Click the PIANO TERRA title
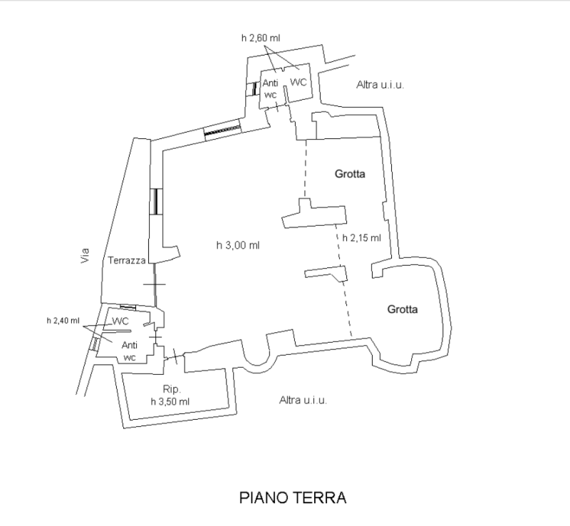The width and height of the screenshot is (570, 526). [x=293, y=497]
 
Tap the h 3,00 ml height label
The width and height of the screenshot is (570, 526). [x=238, y=246]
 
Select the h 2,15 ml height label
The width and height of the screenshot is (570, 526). [x=362, y=238]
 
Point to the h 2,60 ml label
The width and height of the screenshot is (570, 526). [x=261, y=38]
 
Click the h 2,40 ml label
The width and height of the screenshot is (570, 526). [x=63, y=321]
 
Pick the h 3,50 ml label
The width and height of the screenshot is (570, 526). [x=170, y=401]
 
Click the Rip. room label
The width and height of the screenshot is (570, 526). [x=172, y=389]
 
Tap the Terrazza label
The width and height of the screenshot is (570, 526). [x=127, y=260]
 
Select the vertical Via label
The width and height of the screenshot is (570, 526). [x=85, y=255]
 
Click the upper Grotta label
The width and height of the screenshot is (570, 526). [x=350, y=174]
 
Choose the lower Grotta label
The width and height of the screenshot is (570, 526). [x=403, y=309]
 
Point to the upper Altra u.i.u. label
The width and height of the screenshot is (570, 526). [x=380, y=85]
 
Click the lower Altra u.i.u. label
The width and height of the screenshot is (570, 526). [x=304, y=400]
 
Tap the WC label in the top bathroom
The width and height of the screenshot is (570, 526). [x=299, y=82]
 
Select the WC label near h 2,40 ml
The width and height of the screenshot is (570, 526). [x=120, y=321]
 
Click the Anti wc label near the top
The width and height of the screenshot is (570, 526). [x=271, y=88]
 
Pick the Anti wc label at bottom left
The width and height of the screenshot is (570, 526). [x=130, y=351]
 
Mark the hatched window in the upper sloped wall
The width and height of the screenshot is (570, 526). [x=222, y=130]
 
